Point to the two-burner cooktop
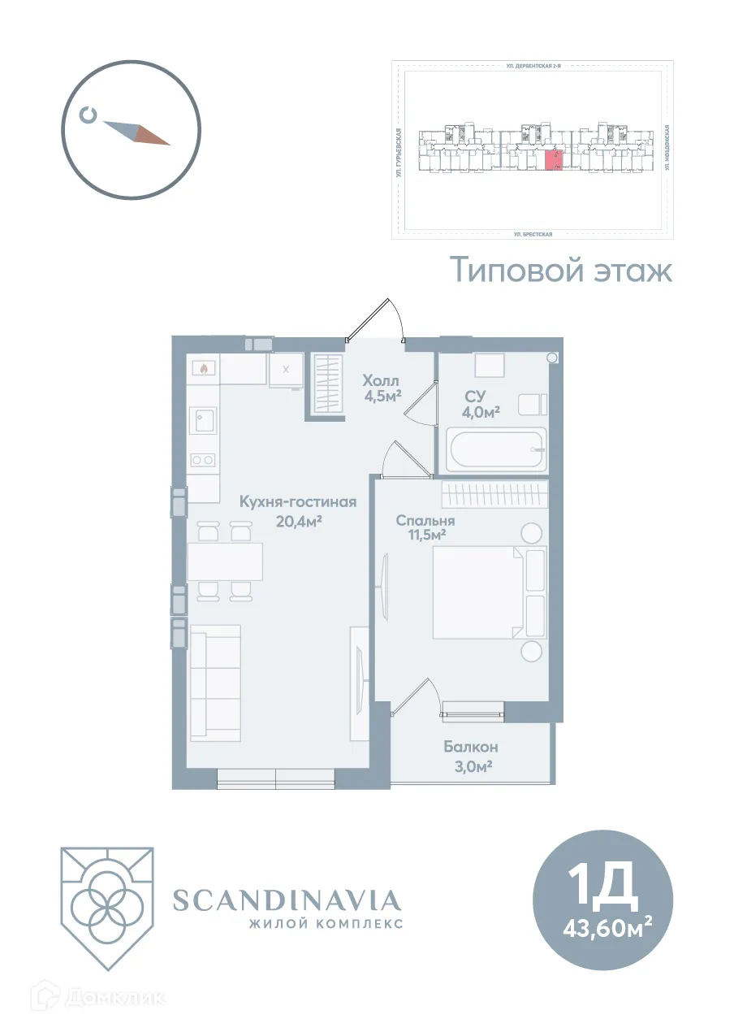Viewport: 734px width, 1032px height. (x=202, y=460)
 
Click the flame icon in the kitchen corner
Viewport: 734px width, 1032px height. (x=202, y=368)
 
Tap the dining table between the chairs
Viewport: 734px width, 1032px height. (x=225, y=561)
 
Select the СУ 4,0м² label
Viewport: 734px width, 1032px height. (x=481, y=404)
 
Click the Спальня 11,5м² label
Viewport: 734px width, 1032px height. (x=425, y=527)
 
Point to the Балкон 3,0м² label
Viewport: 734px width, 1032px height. (x=470, y=755)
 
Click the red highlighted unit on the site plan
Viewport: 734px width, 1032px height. (x=553, y=159)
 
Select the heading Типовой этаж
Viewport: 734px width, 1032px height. (x=561, y=271)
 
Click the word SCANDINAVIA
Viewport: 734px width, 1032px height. (x=287, y=900)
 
